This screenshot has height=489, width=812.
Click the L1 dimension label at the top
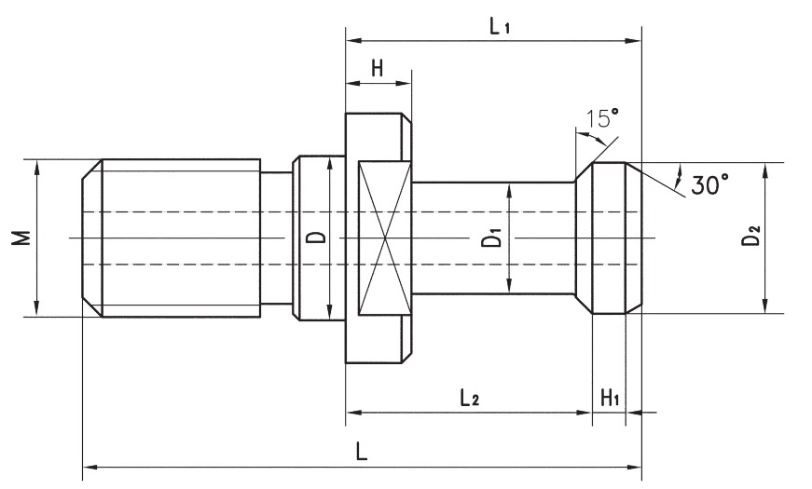pyautogui.click(x=500, y=26)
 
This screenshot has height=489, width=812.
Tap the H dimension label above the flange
pyautogui.click(x=378, y=68)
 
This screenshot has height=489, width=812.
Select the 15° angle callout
pyautogui.click(x=601, y=118)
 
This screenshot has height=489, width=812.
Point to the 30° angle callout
pyautogui.click(x=709, y=184)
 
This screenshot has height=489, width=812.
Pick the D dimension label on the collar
pyautogui.click(x=318, y=238)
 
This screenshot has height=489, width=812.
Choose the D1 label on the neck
pyautogui.click(x=493, y=238)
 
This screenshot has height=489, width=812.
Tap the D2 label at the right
pyautogui.click(x=750, y=238)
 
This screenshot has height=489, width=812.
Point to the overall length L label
pyautogui.click(x=362, y=451)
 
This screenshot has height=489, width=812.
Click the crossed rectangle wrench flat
pyautogui.click(x=384, y=238)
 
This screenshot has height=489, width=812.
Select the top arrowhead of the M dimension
pyautogui.click(x=36, y=166)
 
